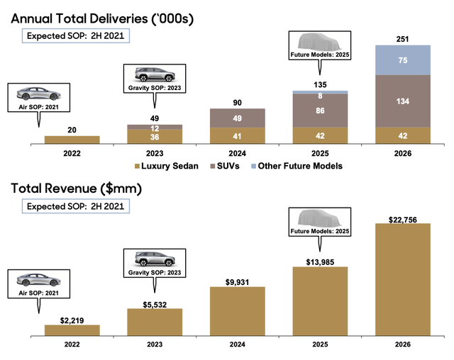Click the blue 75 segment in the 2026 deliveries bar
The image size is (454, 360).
click(403, 60)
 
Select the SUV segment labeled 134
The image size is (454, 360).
click(403, 101)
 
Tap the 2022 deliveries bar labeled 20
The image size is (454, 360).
click(72, 140)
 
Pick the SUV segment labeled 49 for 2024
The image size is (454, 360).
click(238, 118)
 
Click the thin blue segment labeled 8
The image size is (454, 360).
click(320, 92)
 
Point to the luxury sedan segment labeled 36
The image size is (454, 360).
click(155, 137)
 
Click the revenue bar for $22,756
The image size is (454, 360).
click(403, 280)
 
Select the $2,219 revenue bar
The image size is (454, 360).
click(72, 330)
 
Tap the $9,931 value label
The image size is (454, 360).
click(238, 282)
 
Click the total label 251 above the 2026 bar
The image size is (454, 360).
click(402, 39)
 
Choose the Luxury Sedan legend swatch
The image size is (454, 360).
click(137, 167)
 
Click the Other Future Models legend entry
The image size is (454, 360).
click(297, 166)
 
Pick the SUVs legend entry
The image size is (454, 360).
click(225, 166)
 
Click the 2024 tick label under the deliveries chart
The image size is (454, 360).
click(238, 153)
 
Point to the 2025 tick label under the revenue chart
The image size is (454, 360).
click(320, 344)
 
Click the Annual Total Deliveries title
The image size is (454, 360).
click(102, 19)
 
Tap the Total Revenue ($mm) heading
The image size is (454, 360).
click(77, 189)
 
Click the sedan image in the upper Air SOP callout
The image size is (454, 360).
click(38, 94)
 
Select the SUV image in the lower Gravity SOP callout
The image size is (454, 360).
click(155, 259)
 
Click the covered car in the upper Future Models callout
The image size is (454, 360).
click(320, 42)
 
